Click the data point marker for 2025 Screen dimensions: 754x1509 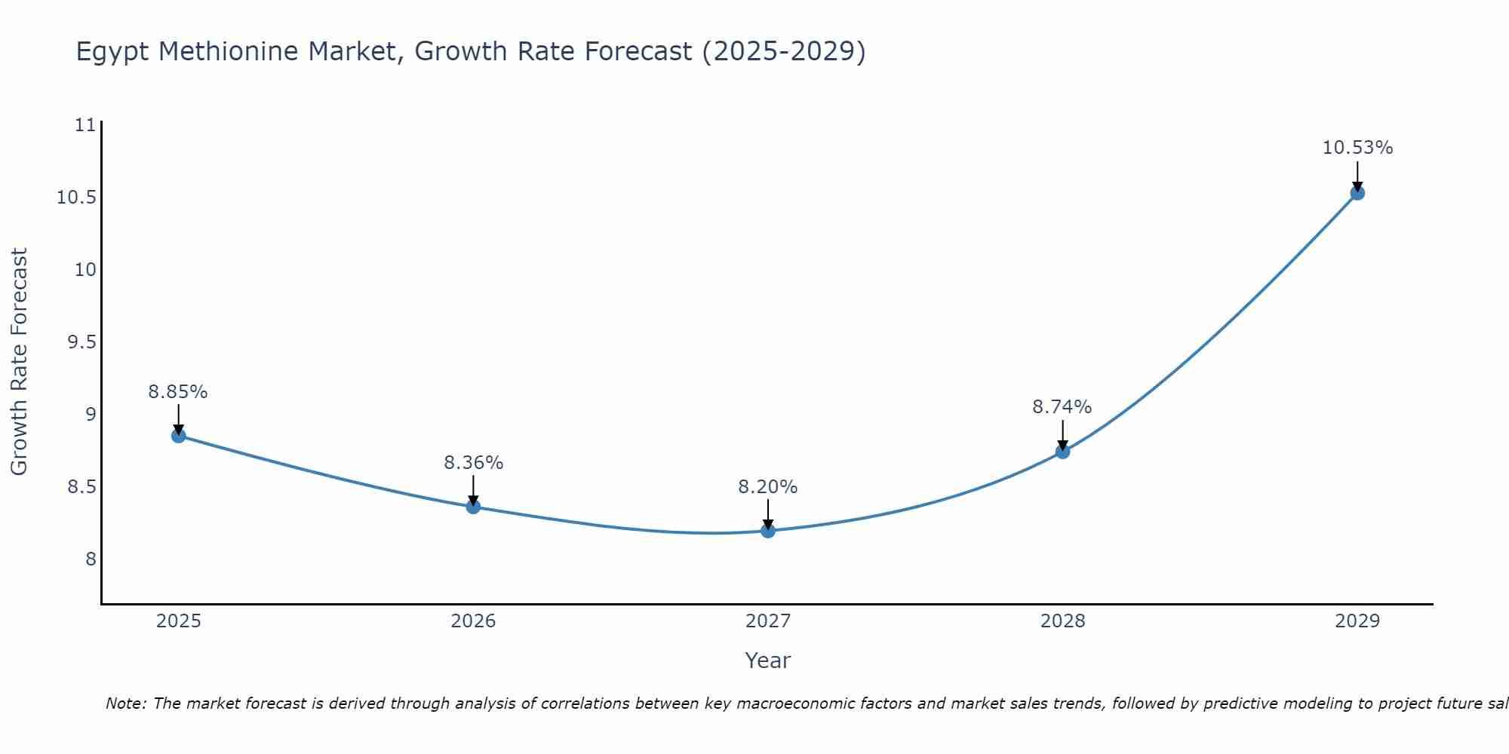(x=179, y=436)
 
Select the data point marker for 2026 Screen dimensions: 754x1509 (x=473, y=507)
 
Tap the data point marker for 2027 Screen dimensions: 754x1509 (x=768, y=531)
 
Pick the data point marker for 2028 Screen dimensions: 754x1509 (x=1062, y=452)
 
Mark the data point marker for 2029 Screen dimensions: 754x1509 (x=1357, y=193)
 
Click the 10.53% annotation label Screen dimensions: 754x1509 (x=1357, y=148)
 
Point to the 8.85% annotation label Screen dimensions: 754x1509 (x=178, y=392)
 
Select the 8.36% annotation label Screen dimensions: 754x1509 (x=473, y=463)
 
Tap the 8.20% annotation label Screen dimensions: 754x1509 (x=767, y=487)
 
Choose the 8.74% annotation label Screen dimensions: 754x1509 (x=1062, y=407)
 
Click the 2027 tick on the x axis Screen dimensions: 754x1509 (x=768, y=621)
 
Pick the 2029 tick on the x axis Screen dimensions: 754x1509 (x=1357, y=621)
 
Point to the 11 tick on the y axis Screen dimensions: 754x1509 (x=86, y=125)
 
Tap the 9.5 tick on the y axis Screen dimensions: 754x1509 (x=82, y=342)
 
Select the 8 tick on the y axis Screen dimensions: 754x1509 (x=91, y=559)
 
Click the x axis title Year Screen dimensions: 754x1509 (x=767, y=661)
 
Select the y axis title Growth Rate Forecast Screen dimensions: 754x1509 (x=20, y=362)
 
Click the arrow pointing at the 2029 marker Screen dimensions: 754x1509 (x=1357, y=175)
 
